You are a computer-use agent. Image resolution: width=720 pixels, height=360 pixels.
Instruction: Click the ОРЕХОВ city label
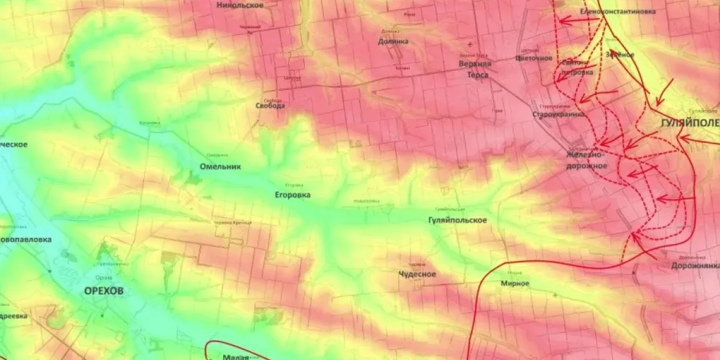coord(104,291)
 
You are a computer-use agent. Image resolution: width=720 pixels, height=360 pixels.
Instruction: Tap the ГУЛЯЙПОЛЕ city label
coord(689,123)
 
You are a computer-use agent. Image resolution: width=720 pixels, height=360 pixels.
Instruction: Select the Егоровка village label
coord(293,195)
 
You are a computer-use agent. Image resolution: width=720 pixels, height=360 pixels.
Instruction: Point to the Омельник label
coord(220,167)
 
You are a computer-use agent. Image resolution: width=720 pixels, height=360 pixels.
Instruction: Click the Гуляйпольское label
coord(458,220)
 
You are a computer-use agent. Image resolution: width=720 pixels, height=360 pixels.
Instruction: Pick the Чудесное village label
coord(418,274)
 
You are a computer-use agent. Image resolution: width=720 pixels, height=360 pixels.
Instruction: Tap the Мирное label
coord(515,283)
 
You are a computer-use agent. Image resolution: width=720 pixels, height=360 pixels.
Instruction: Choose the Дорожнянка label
coord(695,265)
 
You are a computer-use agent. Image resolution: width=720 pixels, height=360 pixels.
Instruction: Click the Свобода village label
coord(270,105)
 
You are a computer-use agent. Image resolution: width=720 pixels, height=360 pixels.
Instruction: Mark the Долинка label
coord(394,41)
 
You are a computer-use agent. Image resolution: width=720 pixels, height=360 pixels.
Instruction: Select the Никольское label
coord(240,5)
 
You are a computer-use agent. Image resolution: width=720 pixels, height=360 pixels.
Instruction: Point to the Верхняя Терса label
coord(479,70)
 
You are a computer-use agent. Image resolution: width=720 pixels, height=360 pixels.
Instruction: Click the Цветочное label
coord(533,58)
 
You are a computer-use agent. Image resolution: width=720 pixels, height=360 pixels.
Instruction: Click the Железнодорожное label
coord(587,161)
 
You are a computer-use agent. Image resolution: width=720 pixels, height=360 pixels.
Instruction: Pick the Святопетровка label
coord(578,67)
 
